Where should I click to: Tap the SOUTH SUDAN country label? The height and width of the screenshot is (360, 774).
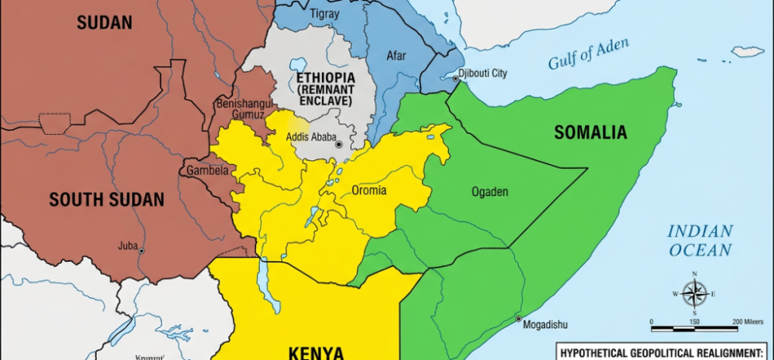coord(107,200)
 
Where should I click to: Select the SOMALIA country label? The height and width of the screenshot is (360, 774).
coord(590,132)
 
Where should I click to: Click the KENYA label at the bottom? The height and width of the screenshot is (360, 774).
coord(316,352)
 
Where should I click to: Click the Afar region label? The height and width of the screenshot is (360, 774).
coord(396,56)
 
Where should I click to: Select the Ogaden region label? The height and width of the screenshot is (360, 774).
coord(489,191)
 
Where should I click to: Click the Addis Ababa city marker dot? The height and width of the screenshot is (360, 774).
coord(338,145)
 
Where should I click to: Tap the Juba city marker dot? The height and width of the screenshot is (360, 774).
coord(141,251)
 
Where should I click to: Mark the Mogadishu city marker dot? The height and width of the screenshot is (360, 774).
coord(519,317)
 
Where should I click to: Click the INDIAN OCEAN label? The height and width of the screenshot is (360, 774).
coord(699,240)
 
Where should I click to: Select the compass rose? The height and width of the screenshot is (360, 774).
coord(694,293)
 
